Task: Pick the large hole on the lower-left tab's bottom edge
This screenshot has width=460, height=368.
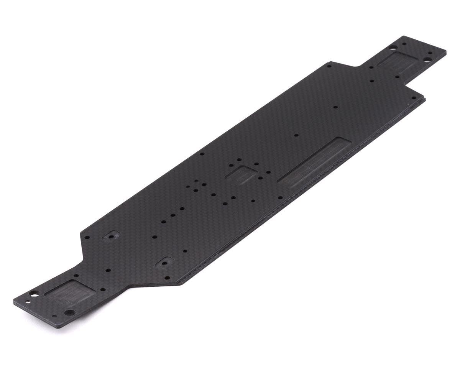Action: [69, 312]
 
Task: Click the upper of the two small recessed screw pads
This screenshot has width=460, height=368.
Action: [111, 236]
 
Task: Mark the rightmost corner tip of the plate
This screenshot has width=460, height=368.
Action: [446, 51]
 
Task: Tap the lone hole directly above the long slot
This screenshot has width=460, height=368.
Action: [296, 135]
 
